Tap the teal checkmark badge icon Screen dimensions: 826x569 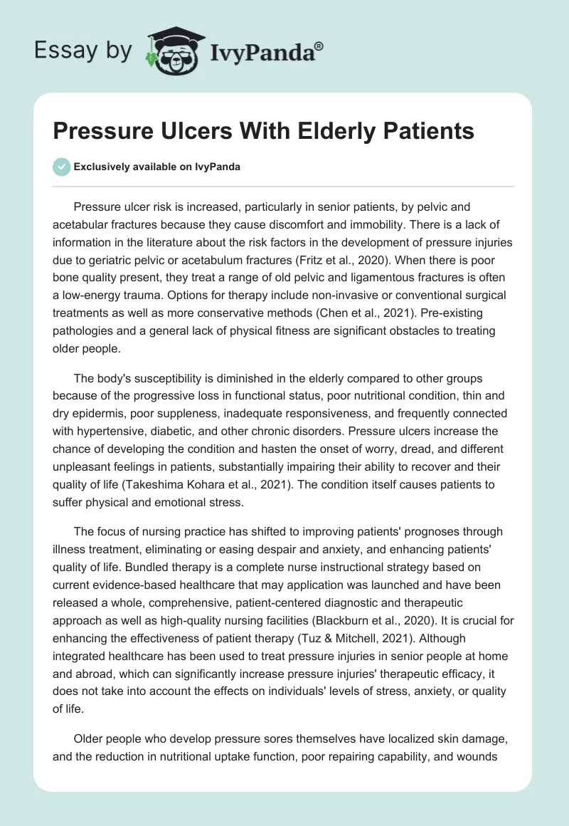coord(61,167)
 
